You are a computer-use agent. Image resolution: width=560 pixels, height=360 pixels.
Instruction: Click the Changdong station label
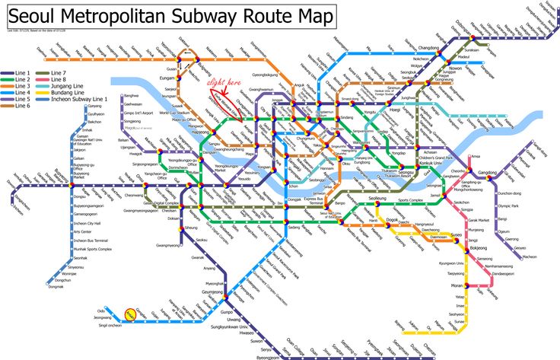pos(429,49)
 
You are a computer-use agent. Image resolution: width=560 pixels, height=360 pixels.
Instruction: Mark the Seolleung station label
pos(377,197)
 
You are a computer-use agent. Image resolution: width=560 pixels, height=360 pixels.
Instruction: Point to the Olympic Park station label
pos(508,206)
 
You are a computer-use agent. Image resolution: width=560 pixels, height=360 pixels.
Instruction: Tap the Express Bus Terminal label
pos(316,199)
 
